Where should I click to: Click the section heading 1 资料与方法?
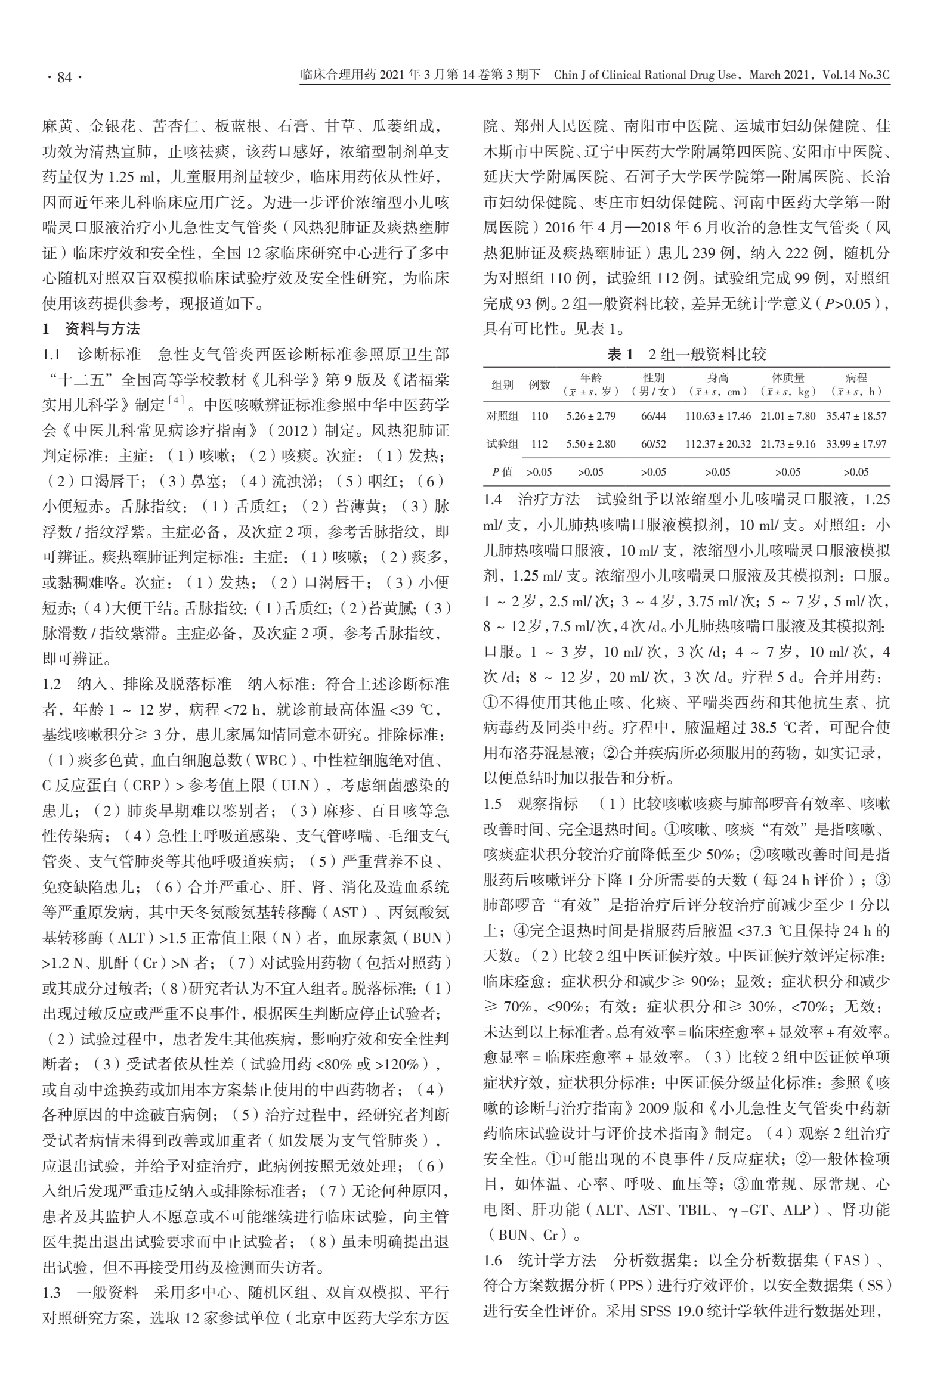(x=91, y=328)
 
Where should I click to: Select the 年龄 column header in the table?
(x=590, y=378)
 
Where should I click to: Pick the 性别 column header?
(x=654, y=378)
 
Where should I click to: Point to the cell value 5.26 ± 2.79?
(x=590, y=416)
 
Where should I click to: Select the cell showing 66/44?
(x=654, y=416)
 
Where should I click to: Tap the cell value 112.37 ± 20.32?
(x=718, y=444)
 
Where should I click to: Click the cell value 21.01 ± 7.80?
(x=788, y=416)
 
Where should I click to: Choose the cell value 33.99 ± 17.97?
(x=856, y=444)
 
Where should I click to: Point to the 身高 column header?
(x=718, y=378)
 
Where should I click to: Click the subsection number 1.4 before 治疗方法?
(x=493, y=499)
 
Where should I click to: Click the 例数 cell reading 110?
(x=539, y=416)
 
